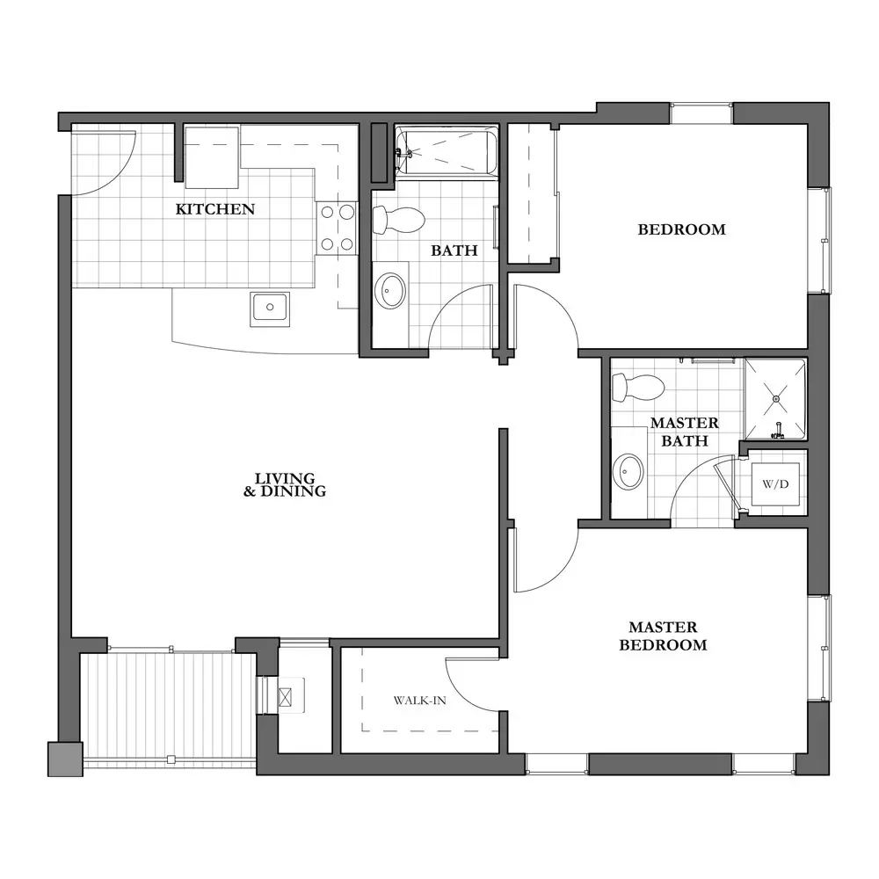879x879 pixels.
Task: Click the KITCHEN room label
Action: tap(215, 209)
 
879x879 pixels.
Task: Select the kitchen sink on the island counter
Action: tap(270, 309)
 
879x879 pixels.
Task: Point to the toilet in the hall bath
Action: tap(398, 220)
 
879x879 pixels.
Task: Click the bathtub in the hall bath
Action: tap(447, 151)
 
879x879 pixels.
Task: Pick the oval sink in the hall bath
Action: tap(390, 291)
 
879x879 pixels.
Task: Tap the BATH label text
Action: tap(454, 251)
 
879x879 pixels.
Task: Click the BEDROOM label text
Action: tap(682, 229)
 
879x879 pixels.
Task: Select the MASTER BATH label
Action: tap(685, 432)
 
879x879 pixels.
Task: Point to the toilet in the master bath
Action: tap(638, 388)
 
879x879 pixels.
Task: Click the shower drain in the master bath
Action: tap(776, 398)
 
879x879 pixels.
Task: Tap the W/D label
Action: tap(776, 484)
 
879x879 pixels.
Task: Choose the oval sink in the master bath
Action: tap(628, 471)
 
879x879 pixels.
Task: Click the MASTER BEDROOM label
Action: tap(663, 636)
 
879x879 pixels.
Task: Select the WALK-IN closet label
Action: tap(420, 701)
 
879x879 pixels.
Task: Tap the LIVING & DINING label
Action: tap(285, 485)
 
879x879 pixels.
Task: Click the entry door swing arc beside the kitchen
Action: tap(120, 176)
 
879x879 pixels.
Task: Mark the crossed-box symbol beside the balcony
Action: tap(286, 697)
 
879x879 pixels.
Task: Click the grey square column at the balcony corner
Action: tap(65, 759)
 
